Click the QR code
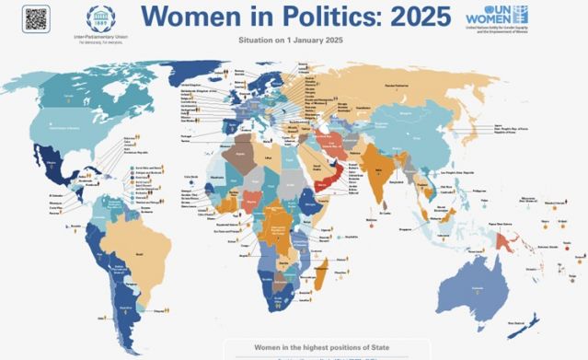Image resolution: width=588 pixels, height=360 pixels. coord(36,17)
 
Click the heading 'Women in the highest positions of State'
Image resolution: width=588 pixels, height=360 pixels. coord(294,346)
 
